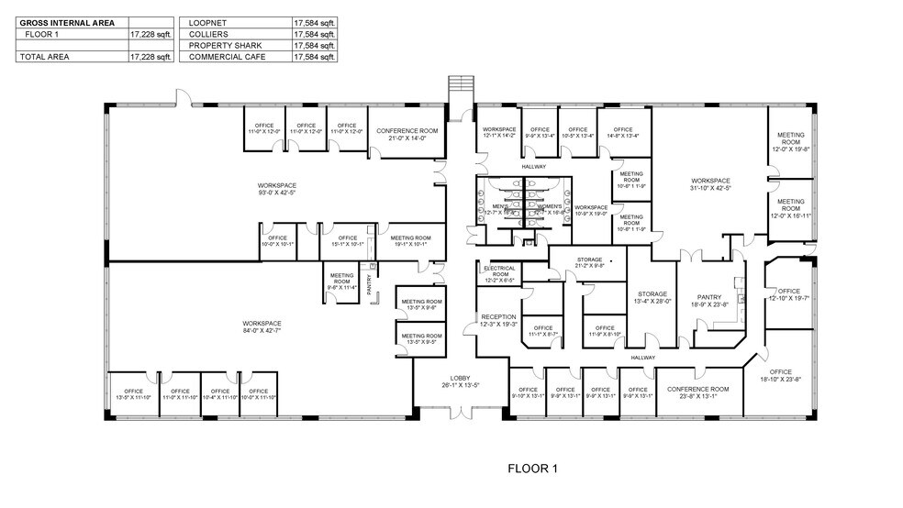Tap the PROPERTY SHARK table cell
coord(220,44)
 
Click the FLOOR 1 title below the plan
coord(532,469)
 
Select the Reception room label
coord(498,320)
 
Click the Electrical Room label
coord(498,271)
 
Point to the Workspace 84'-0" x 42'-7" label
coord(262,326)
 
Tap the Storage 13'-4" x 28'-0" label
coord(652,297)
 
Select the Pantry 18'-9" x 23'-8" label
coord(708,299)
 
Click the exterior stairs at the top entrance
coord(459,90)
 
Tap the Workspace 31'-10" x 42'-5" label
coord(710,183)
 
